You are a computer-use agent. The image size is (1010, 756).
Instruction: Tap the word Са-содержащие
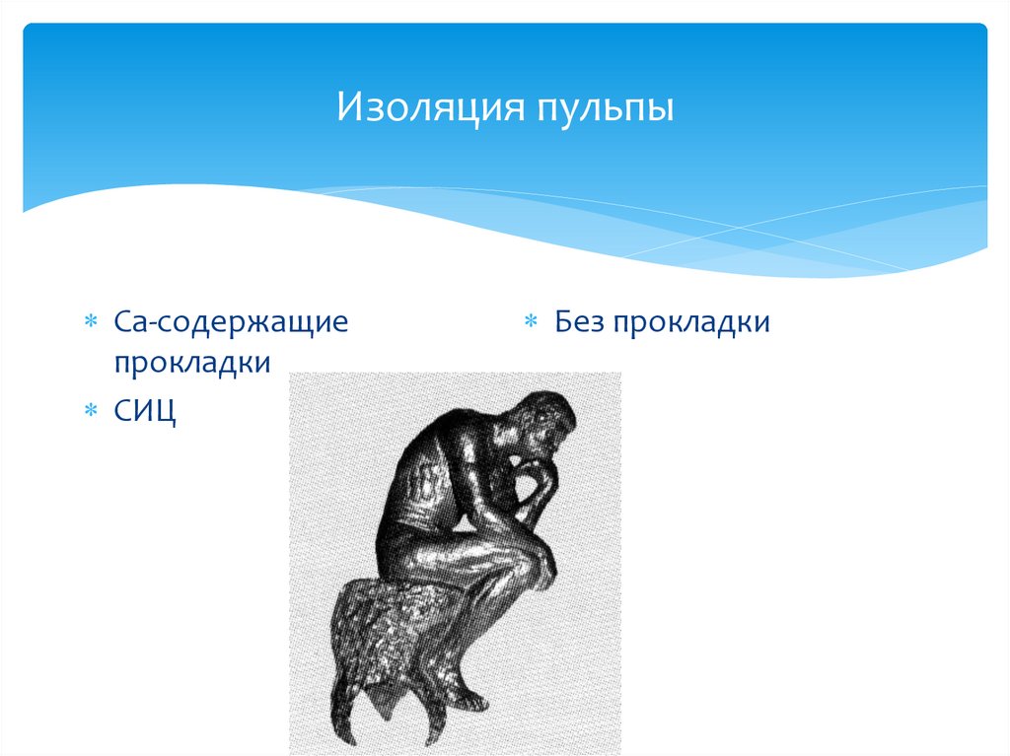click(x=230, y=323)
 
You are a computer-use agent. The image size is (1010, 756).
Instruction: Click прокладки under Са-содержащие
click(x=191, y=363)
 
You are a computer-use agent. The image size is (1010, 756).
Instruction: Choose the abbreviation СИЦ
click(x=144, y=409)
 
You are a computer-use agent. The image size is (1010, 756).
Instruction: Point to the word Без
click(x=578, y=322)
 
